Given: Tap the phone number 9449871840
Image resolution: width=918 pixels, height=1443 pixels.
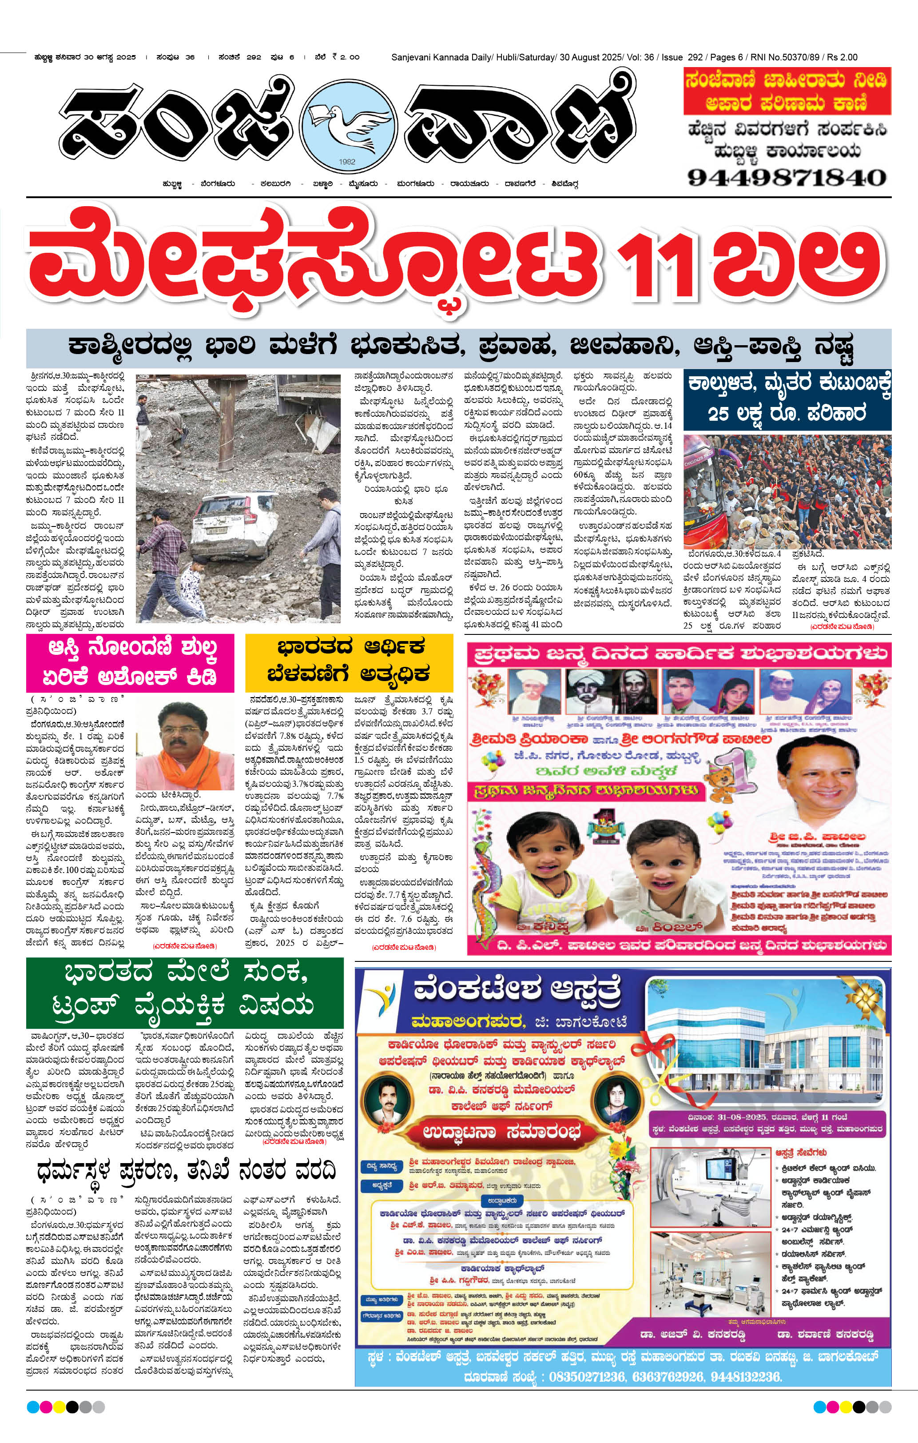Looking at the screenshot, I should (786, 177).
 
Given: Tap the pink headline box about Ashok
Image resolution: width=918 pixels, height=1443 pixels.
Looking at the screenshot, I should (130, 662).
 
